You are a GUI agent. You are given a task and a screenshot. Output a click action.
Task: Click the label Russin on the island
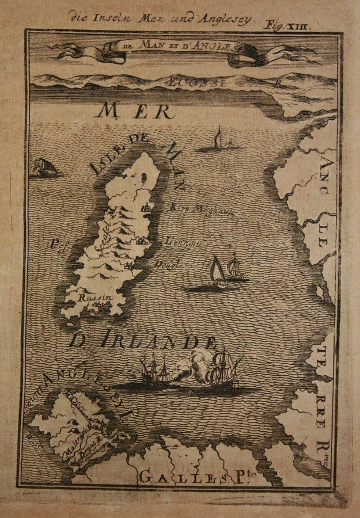(90, 298)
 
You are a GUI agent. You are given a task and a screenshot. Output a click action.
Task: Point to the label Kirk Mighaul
(193, 211)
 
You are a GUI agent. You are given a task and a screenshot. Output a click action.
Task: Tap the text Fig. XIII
(294, 24)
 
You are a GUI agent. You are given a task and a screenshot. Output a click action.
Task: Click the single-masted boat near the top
(218, 140)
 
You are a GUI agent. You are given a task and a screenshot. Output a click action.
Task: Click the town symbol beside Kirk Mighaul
(146, 209)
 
